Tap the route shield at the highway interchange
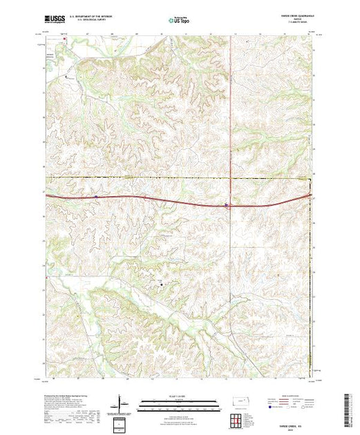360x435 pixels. click(x=226, y=204)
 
